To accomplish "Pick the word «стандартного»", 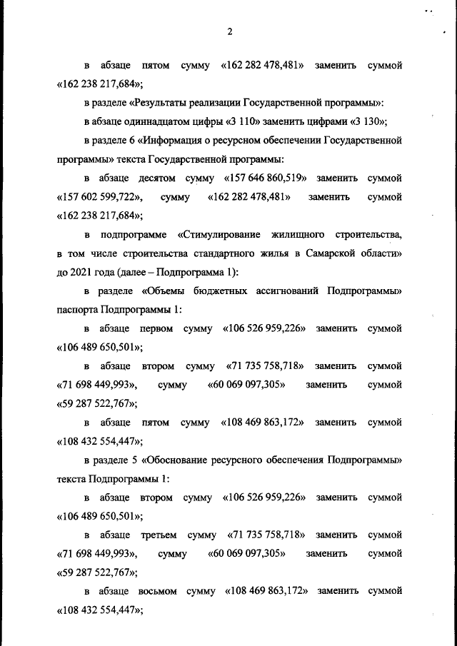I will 212,253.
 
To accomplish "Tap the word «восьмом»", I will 154,591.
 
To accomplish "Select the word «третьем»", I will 154,534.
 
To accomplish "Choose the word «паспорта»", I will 77,310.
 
